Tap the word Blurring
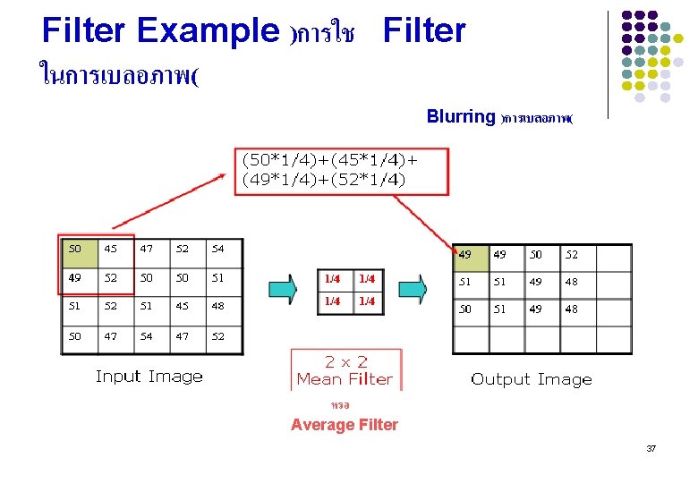coord(461,116)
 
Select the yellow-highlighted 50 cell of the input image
coord(75,248)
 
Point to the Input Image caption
coord(149,377)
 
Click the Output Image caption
coord(532,379)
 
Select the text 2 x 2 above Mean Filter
coord(345,361)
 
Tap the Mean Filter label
coord(345,379)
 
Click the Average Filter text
coord(345,425)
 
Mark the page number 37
coord(651,448)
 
